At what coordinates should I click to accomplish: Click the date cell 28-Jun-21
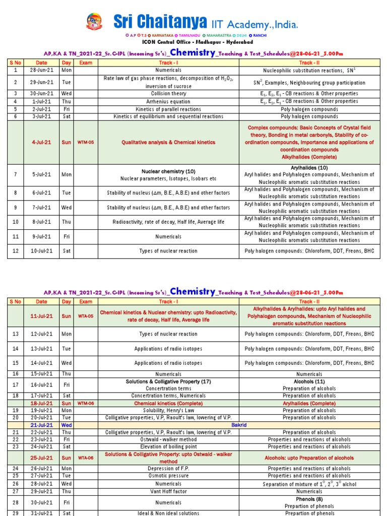(42, 70)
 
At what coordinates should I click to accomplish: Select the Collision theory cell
(168, 93)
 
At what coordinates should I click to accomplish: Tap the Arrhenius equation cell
(168, 101)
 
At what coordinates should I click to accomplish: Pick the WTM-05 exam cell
(86, 142)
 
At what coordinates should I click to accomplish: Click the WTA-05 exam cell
(86, 316)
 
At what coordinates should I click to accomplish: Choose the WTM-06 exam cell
(86, 403)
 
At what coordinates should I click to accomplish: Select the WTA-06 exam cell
(86, 458)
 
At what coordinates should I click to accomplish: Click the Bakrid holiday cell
(239, 425)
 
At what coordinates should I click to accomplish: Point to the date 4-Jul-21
(42, 142)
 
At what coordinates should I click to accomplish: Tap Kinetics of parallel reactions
(168, 109)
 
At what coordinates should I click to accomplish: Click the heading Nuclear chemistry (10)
(168, 171)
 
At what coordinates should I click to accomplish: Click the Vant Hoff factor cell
(168, 491)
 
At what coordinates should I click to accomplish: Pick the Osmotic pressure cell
(168, 476)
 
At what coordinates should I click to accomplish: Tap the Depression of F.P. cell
(168, 468)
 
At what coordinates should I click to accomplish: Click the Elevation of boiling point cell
(168, 446)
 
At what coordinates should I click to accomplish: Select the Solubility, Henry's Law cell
(168, 410)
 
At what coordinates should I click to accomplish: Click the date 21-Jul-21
(42, 425)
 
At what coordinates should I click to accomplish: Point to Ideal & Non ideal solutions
(168, 513)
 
